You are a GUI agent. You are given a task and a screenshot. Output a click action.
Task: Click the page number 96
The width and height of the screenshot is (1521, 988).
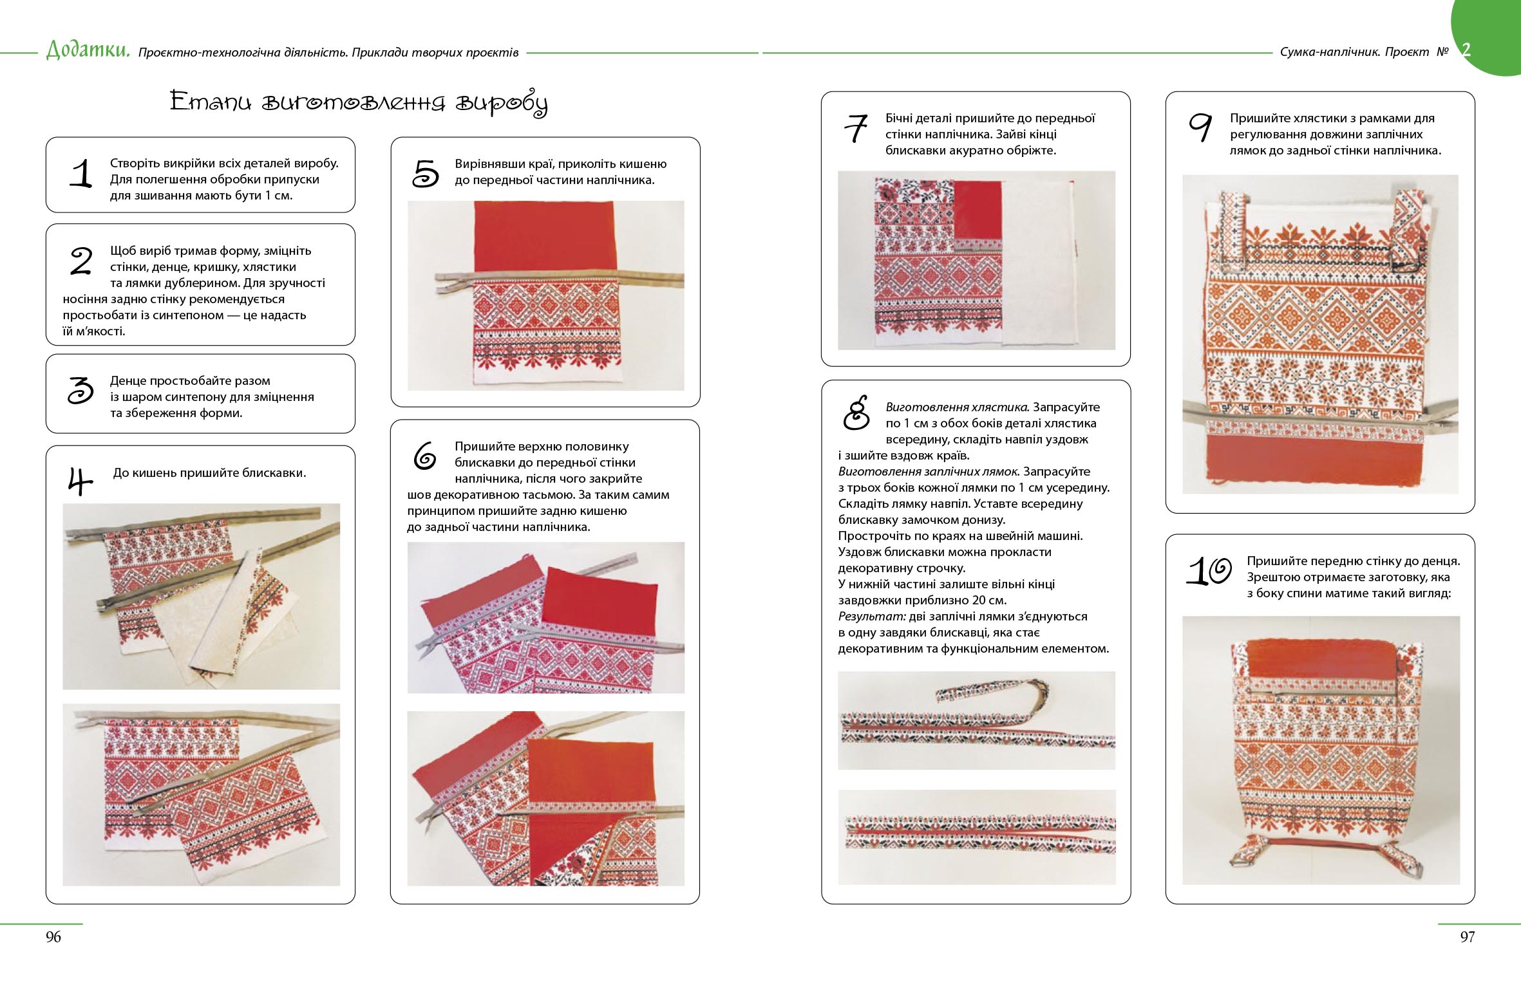coord(53,937)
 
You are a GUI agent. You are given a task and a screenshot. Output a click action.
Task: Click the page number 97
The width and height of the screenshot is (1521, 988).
coord(1468,937)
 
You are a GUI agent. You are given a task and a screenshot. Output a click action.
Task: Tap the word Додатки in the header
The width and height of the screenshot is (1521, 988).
coord(88,50)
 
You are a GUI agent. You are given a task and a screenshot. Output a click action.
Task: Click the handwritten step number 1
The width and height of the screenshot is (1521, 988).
coord(82,174)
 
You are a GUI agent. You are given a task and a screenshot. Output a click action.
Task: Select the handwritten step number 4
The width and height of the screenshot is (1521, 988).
coord(80,481)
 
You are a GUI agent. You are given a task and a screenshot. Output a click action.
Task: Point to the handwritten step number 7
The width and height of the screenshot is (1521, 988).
coord(856,128)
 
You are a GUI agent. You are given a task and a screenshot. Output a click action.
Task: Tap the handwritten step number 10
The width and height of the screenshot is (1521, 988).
coord(1209,571)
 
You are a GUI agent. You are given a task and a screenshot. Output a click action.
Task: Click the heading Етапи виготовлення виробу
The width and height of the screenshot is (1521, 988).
coord(359,102)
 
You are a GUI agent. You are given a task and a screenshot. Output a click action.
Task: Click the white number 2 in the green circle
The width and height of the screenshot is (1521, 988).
coord(1466,50)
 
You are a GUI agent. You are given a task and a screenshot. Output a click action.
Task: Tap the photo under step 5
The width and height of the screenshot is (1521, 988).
coord(546,295)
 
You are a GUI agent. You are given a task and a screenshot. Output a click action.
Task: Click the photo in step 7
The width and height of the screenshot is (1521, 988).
coord(976,260)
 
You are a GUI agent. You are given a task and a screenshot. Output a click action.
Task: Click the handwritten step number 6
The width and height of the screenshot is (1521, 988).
coord(425,456)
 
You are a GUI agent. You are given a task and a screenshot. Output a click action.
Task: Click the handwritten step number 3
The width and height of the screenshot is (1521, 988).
coord(81,390)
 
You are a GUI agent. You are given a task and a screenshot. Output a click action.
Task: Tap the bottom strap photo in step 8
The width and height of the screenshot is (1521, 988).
coord(976,837)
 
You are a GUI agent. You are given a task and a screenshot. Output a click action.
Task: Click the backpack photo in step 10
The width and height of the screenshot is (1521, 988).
coord(1321,750)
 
